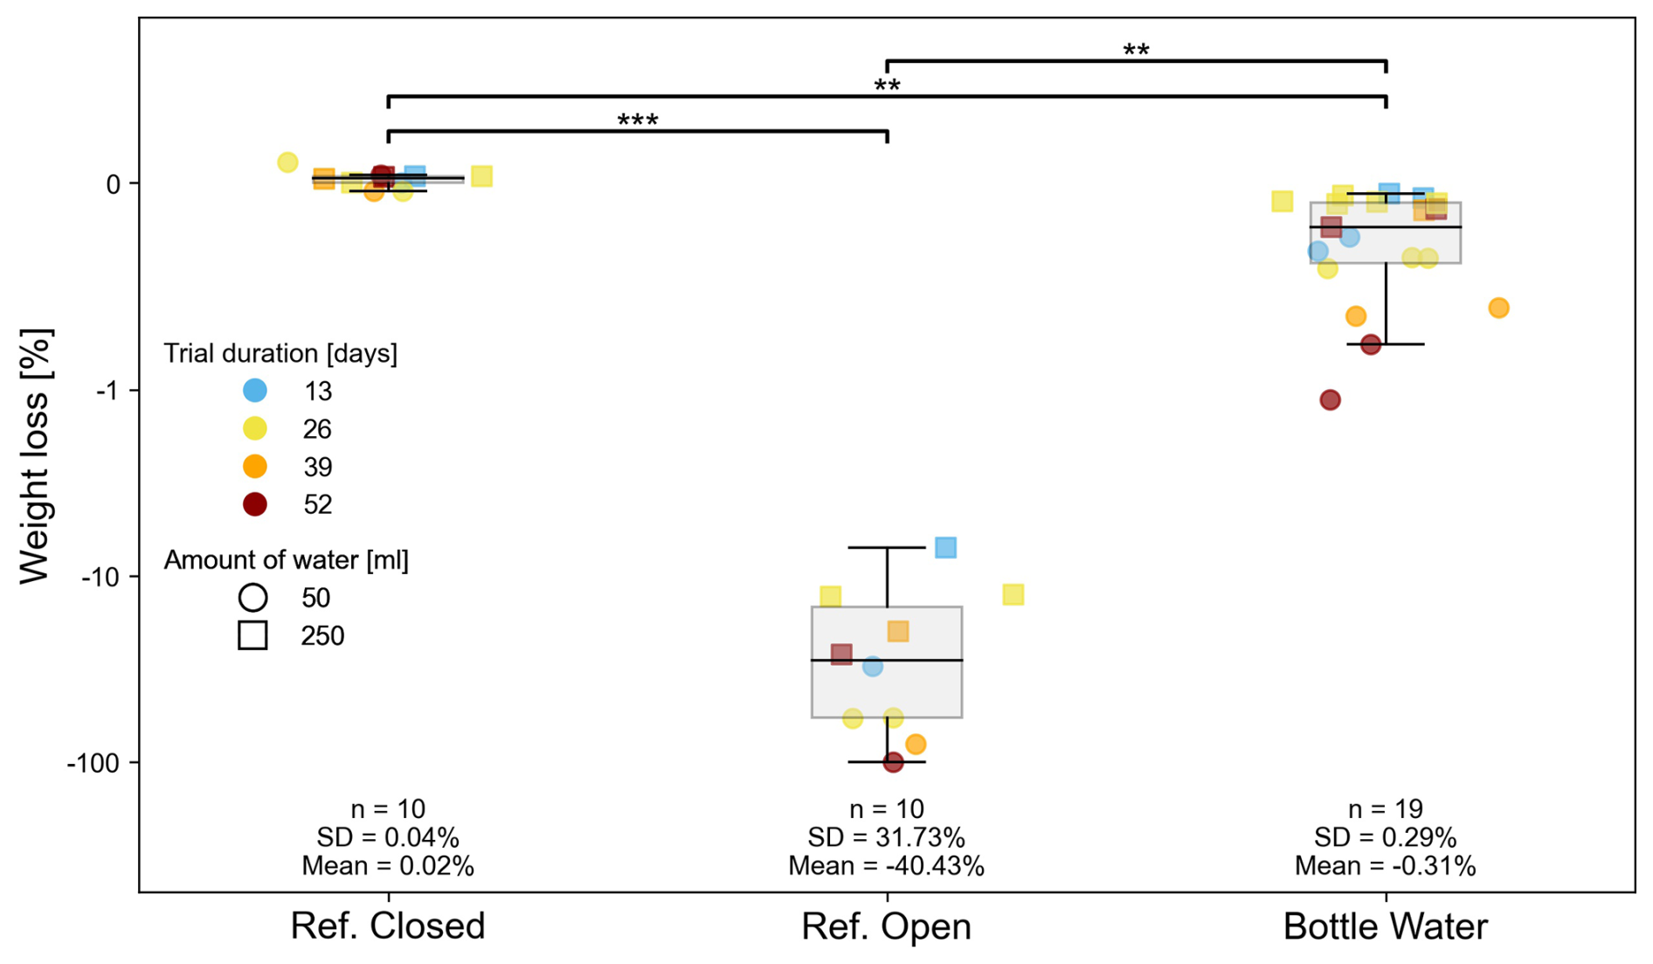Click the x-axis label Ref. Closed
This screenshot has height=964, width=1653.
pos(387,926)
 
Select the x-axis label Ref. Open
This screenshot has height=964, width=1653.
pos(886,926)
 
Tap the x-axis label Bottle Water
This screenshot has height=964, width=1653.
pos(1385,926)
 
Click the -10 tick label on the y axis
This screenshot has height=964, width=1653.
pos(100,577)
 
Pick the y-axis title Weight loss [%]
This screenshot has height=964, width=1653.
pos(36,455)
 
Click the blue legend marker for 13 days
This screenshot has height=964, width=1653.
pos(254,391)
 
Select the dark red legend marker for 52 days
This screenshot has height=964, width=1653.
pos(254,504)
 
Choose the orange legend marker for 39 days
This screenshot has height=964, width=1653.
pos(254,467)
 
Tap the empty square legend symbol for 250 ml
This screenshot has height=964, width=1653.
pos(253,635)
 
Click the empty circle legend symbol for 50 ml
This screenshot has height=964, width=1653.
pos(253,598)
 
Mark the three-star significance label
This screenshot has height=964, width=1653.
pos(638,121)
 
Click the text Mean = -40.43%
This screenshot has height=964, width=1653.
pos(886,866)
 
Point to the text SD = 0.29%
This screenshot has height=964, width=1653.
pos(1385,837)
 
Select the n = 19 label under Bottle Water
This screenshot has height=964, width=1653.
pos(1385,809)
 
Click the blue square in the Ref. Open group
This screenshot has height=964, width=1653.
pos(945,548)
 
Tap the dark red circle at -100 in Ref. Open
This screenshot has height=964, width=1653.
pos(893,762)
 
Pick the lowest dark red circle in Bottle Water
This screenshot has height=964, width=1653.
pos(1330,400)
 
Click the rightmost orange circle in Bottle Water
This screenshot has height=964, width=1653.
pos(1498,308)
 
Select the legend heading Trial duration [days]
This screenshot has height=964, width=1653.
pos(280,353)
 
